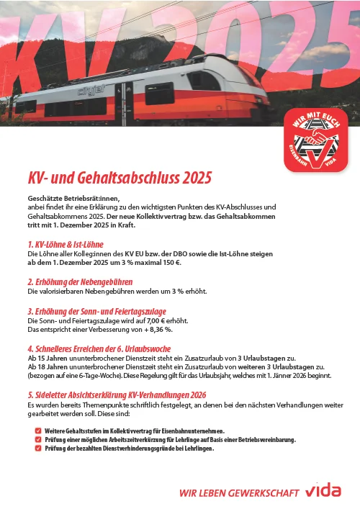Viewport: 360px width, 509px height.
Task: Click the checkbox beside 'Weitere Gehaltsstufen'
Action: pos(37,431)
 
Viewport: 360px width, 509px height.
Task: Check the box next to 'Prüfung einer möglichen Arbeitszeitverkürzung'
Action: pos(37,439)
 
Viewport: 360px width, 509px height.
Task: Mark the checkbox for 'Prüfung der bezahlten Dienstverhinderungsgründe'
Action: pos(37,448)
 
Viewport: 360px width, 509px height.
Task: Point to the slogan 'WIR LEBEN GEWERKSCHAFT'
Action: pos(238,493)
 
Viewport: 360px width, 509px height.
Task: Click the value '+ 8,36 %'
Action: pos(154,330)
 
